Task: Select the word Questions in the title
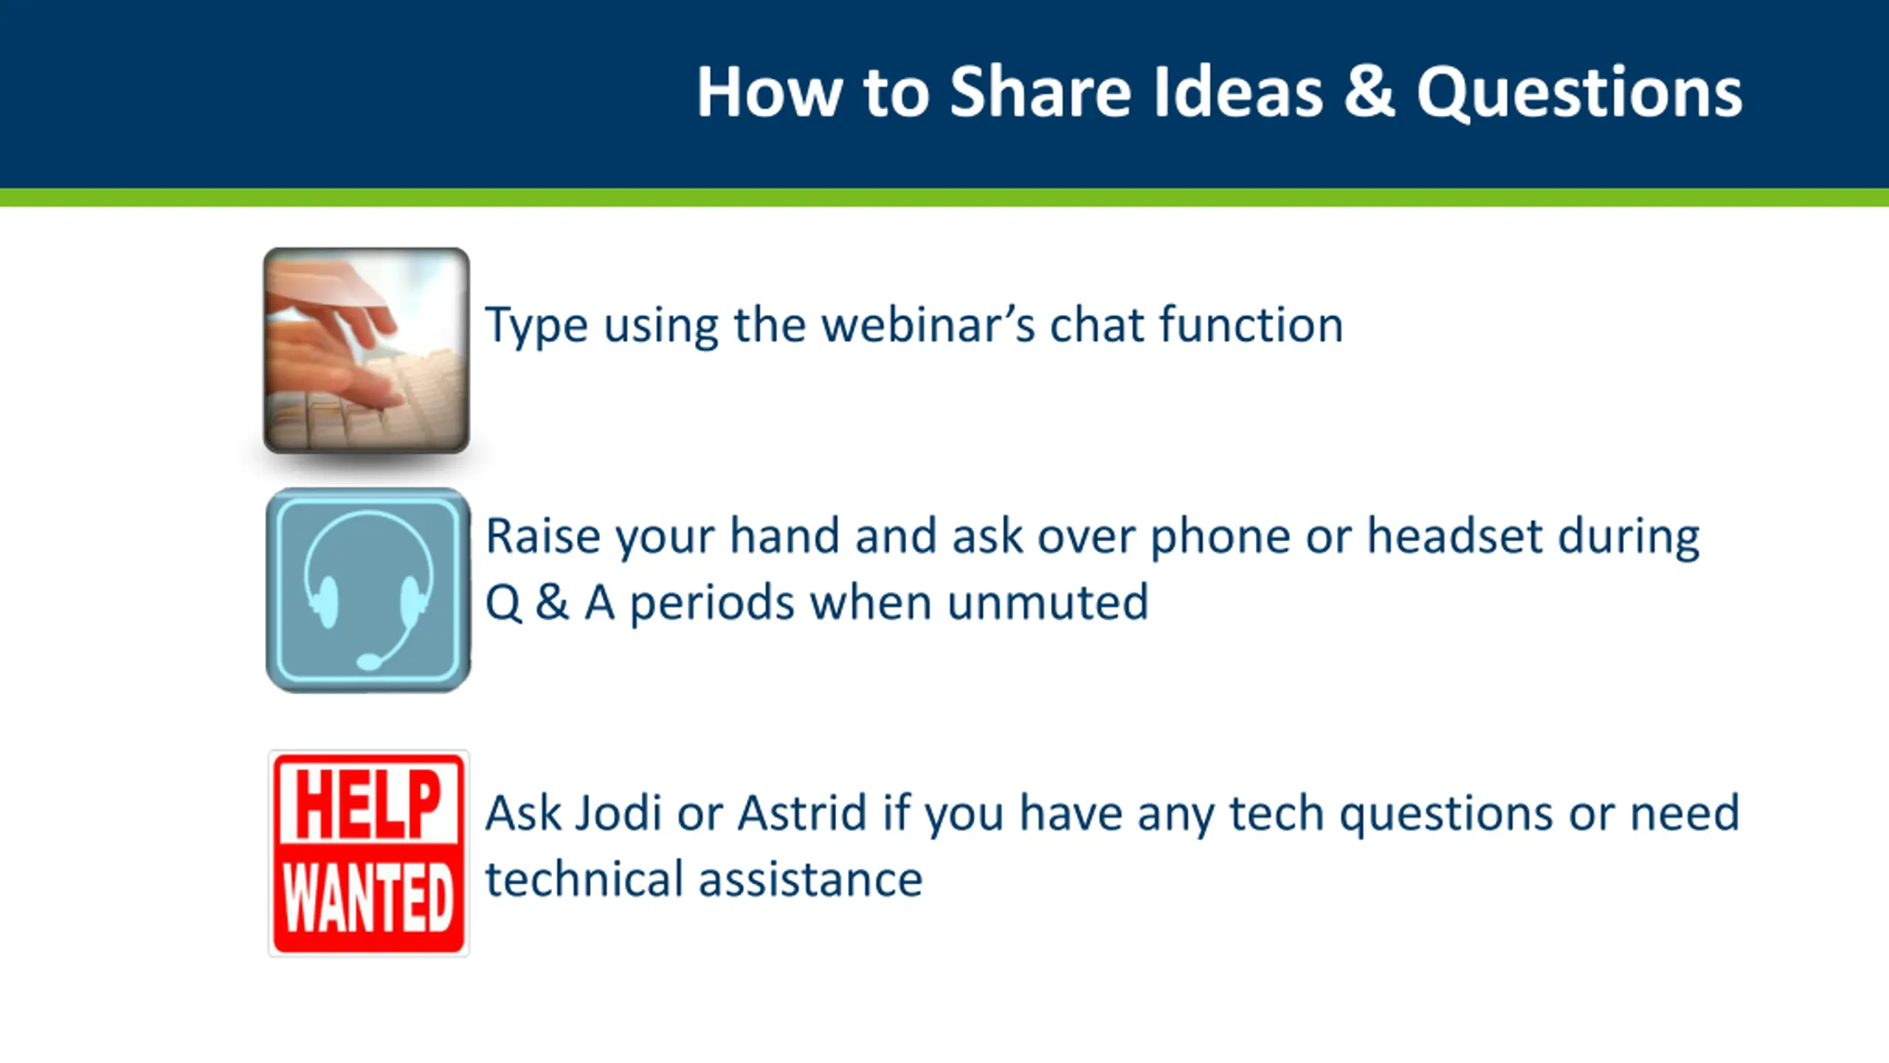tap(1580, 93)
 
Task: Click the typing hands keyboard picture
tap(367, 350)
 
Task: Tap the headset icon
tap(368, 590)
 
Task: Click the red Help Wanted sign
tap(368, 853)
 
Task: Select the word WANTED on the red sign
tap(368, 898)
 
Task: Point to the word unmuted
tap(1048, 602)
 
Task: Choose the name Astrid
tap(802, 813)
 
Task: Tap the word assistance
tap(811, 880)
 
